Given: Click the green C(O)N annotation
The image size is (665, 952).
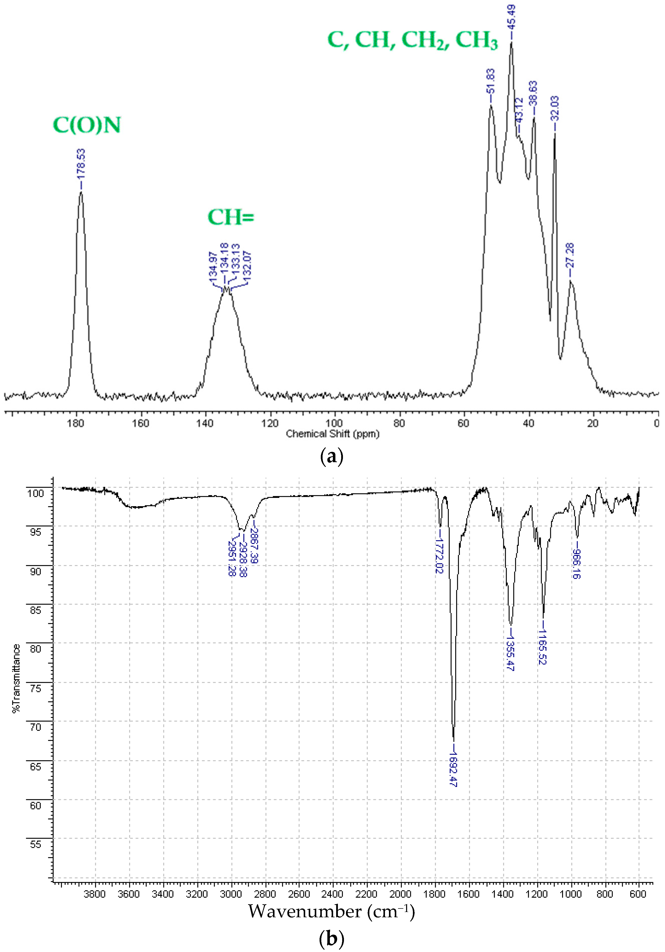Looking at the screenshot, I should point(87,125).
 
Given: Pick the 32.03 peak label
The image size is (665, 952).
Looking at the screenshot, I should point(555,108).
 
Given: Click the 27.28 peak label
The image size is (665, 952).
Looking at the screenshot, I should point(570,255).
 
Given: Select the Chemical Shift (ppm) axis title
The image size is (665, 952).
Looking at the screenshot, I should point(333,434).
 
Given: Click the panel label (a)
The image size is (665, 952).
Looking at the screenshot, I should point(332,457).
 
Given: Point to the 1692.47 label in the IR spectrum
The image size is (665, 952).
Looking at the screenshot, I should point(453,769).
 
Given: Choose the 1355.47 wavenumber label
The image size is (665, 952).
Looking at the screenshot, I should point(510,653).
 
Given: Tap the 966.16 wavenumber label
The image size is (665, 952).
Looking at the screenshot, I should point(576,564).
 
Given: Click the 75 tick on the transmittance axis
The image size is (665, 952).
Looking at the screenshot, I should point(36,689).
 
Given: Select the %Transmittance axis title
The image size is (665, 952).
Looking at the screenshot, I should point(16,679).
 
